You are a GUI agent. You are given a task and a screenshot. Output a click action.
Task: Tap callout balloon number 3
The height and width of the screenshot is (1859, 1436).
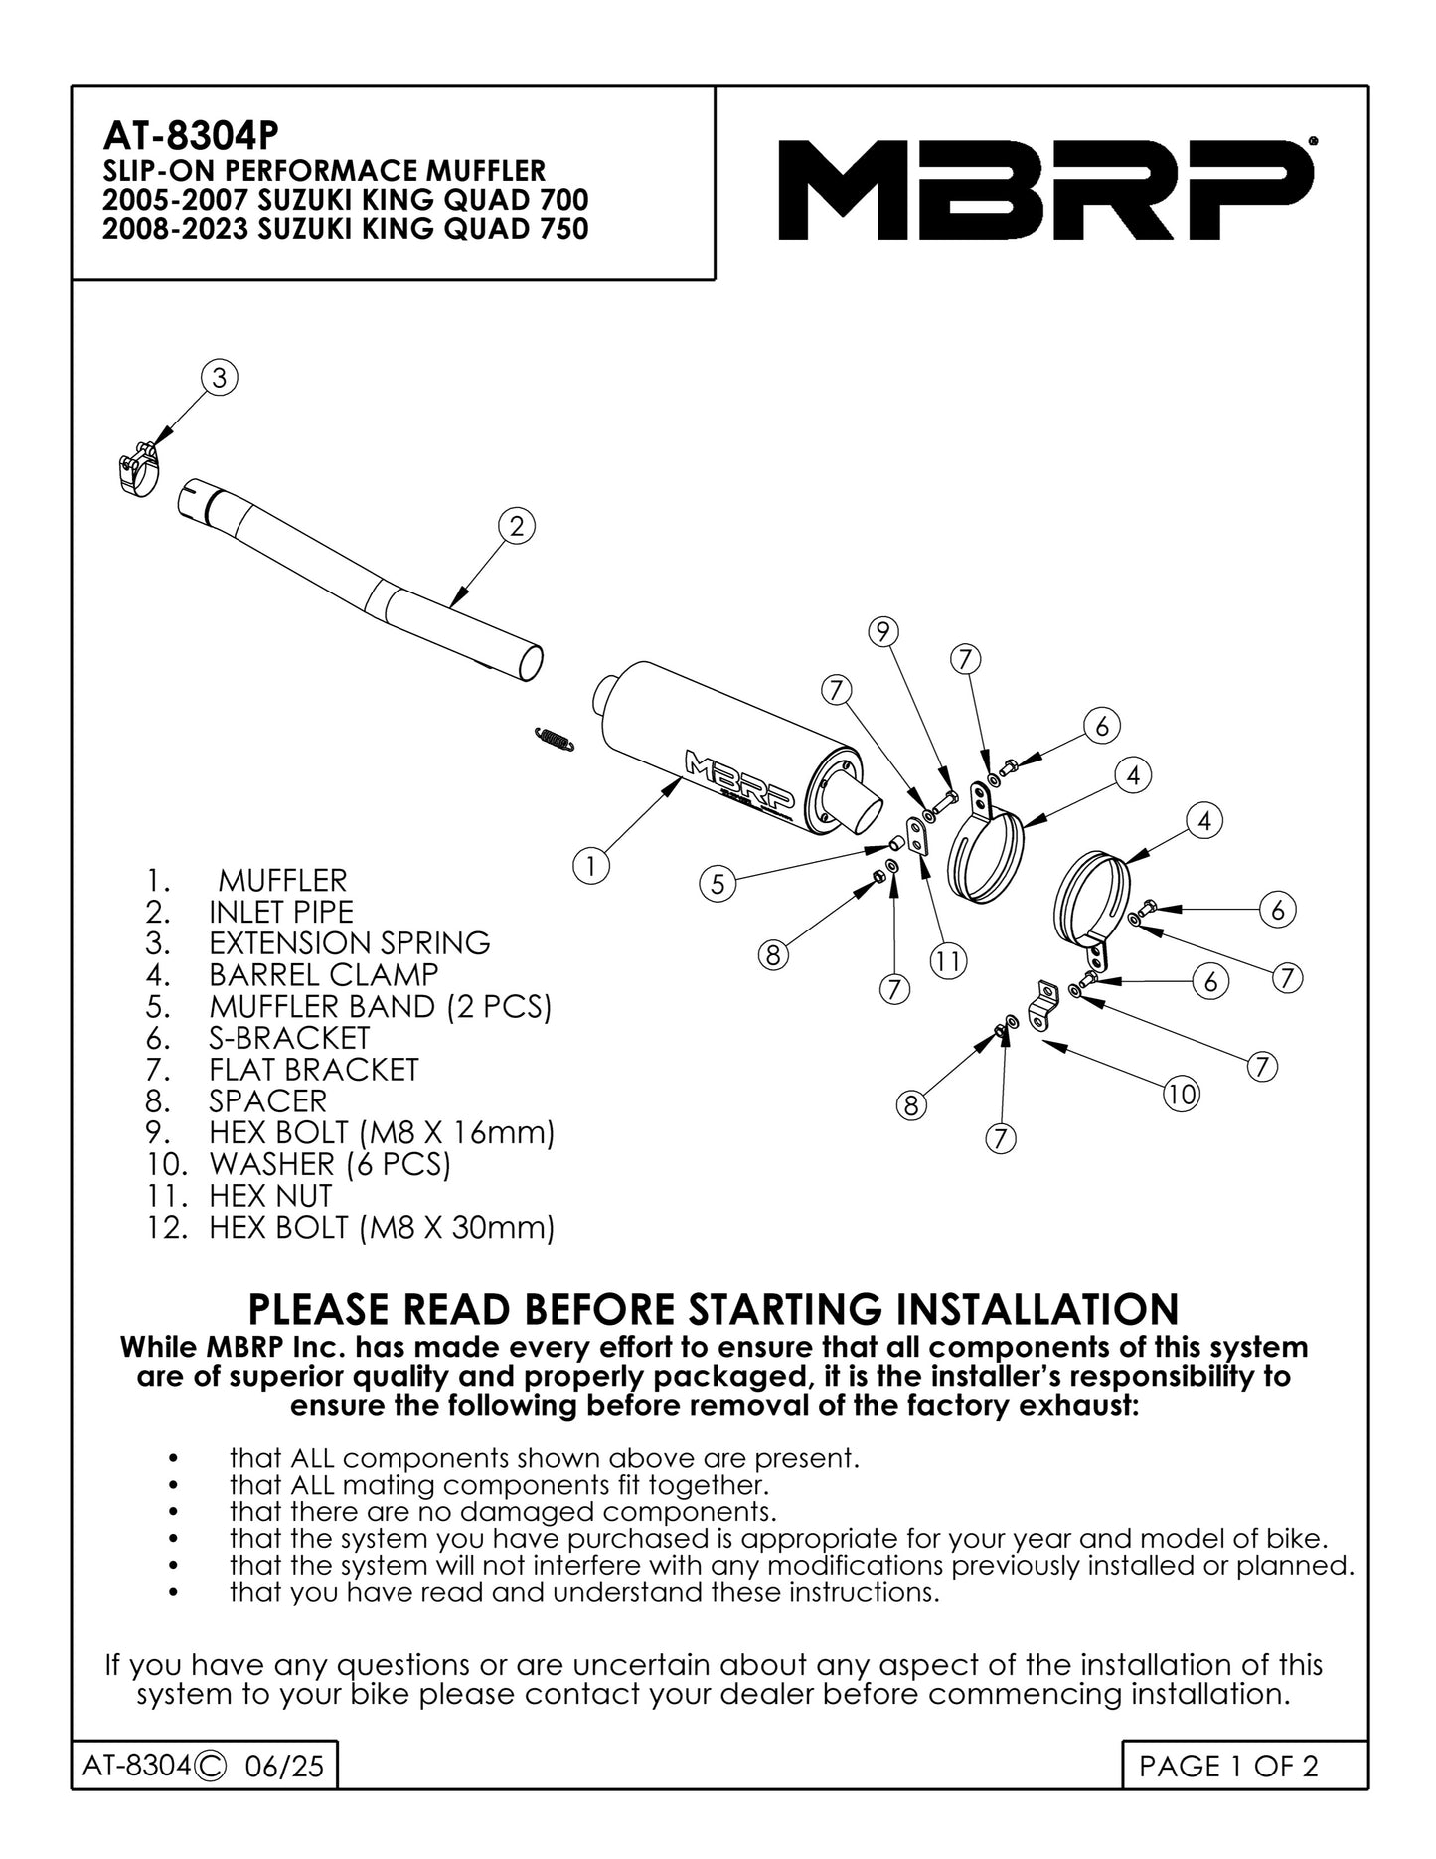[220, 378]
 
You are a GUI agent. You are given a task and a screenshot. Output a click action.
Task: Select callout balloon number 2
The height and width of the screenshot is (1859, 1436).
[517, 526]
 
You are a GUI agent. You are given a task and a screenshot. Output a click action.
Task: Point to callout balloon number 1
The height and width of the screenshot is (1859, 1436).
[590, 865]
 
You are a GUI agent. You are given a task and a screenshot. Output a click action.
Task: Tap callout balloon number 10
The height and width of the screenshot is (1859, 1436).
[1181, 1095]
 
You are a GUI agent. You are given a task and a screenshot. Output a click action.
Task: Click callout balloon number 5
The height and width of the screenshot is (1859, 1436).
[718, 882]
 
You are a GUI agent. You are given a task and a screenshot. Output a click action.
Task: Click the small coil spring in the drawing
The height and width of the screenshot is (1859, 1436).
[553, 740]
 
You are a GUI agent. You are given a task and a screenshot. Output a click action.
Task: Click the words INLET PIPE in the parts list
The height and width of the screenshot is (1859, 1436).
[281, 912]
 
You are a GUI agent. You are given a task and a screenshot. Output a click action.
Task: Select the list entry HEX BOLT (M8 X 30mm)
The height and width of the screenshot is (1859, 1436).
[381, 1227]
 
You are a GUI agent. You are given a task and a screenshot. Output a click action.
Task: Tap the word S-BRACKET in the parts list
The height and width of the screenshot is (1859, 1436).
[289, 1038]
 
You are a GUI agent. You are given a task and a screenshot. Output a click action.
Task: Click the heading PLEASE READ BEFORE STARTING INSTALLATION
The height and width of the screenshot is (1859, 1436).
[713, 1308]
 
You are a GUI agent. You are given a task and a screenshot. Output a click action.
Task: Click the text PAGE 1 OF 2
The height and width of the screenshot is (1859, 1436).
[1228, 1766]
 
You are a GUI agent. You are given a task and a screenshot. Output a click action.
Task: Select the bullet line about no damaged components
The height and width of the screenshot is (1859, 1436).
[502, 1512]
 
